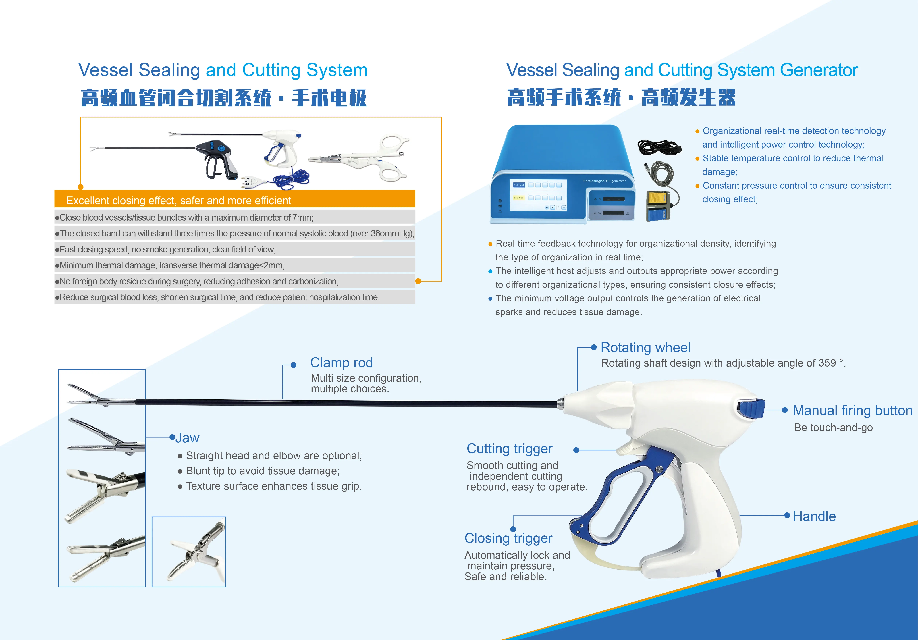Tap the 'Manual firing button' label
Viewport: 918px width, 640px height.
[x=852, y=410]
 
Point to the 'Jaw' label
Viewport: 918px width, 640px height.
[x=187, y=438]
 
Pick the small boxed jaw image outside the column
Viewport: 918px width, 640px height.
[x=189, y=552]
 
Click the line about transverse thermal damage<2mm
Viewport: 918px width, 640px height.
[x=172, y=265]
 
